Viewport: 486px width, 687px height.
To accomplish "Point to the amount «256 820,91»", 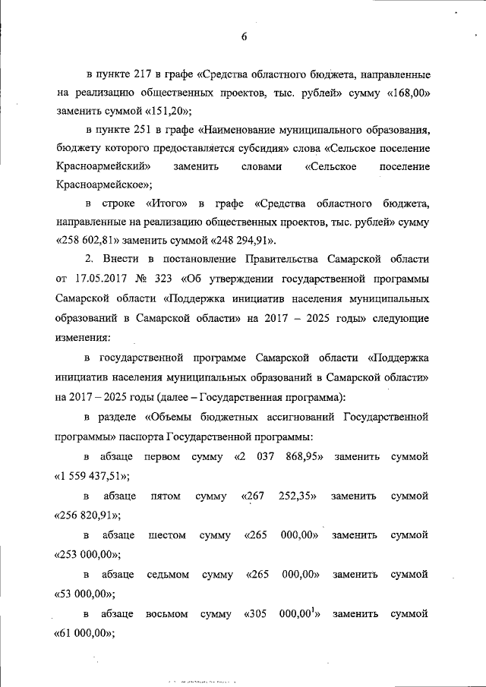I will [x=90, y=515].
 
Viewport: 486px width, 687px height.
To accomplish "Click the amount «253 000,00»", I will [x=89, y=555].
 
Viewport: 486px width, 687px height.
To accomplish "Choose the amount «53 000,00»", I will [x=86, y=594].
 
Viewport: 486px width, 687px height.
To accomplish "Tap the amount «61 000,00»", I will [x=86, y=633].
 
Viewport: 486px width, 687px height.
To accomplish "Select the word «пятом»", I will [x=166, y=496].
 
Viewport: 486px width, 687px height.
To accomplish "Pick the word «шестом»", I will [x=167, y=535].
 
